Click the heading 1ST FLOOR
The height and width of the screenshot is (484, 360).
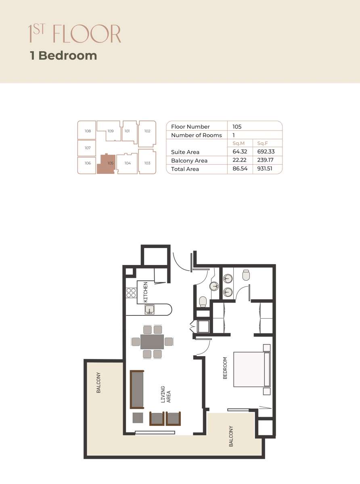click(75, 34)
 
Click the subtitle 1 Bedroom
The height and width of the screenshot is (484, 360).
click(63, 55)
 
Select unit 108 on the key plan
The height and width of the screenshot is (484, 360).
click(88, 131)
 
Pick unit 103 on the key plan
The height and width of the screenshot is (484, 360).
click(147, 163)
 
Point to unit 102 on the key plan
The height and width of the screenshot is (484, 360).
click(147, 131)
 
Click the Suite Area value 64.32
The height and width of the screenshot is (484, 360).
click(240, 152)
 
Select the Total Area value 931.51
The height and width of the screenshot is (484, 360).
click(265, 169)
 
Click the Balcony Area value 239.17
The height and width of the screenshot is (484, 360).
click(265, 161)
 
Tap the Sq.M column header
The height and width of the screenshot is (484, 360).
click(239, 143)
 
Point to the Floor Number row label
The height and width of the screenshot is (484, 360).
click(190, 127)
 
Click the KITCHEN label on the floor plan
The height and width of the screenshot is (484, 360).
click(146, 292)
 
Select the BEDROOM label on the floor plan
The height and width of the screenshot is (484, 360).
click(225, 368)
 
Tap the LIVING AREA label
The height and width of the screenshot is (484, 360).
click(166, 394)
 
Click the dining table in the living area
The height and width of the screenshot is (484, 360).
click(152, 342)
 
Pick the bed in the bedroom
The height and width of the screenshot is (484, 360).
click(251, 369)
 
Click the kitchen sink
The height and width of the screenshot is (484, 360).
click(150, 310)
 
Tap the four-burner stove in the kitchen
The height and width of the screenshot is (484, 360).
click(131, 292)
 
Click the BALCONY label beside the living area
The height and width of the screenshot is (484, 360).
click(98, 382)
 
